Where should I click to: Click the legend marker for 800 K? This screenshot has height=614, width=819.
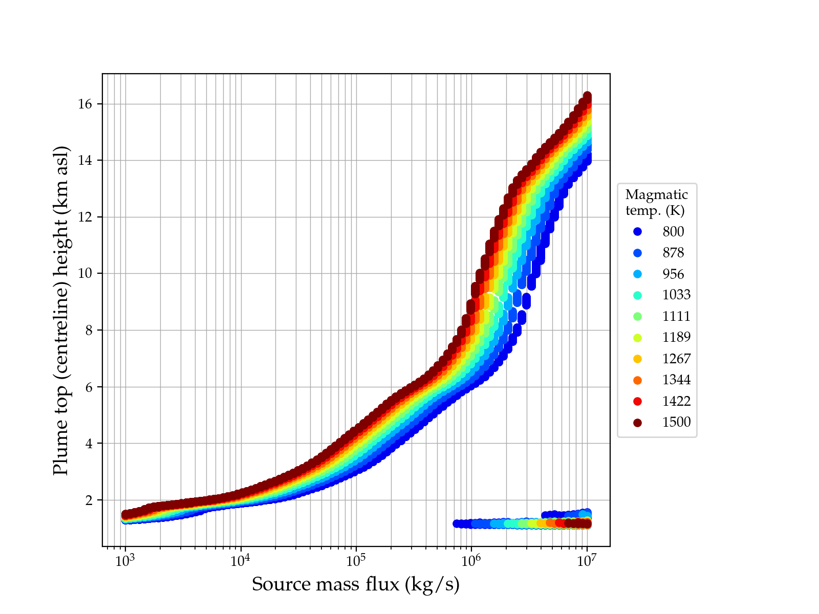[x=637, y=232]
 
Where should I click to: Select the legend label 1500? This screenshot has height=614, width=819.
[x=676, y=422]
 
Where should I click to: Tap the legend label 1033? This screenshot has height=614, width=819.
[x=676, y=295]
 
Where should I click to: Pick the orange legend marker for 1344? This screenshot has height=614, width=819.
[x=637, y=380]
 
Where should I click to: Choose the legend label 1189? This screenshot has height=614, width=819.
[x=676, y=337]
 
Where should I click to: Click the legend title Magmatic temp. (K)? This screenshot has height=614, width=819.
[x=657, y=202]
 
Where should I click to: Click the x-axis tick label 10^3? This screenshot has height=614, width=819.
[x=125, y=561]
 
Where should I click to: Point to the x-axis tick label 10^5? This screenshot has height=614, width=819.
[x=356, y=561]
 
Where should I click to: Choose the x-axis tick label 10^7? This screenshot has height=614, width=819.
[x=587, y=561]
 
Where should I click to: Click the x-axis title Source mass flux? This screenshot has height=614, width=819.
[x=356, y=584]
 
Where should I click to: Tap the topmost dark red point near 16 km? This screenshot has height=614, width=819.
[x=587, y=96]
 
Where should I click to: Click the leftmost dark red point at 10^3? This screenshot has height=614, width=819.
[x=125, y=515]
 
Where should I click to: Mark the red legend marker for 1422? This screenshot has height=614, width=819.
[x=637, y=401]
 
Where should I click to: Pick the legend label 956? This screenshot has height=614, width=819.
[x=673, y=274]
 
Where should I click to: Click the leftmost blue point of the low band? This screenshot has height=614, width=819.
[x=457, y=523]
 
